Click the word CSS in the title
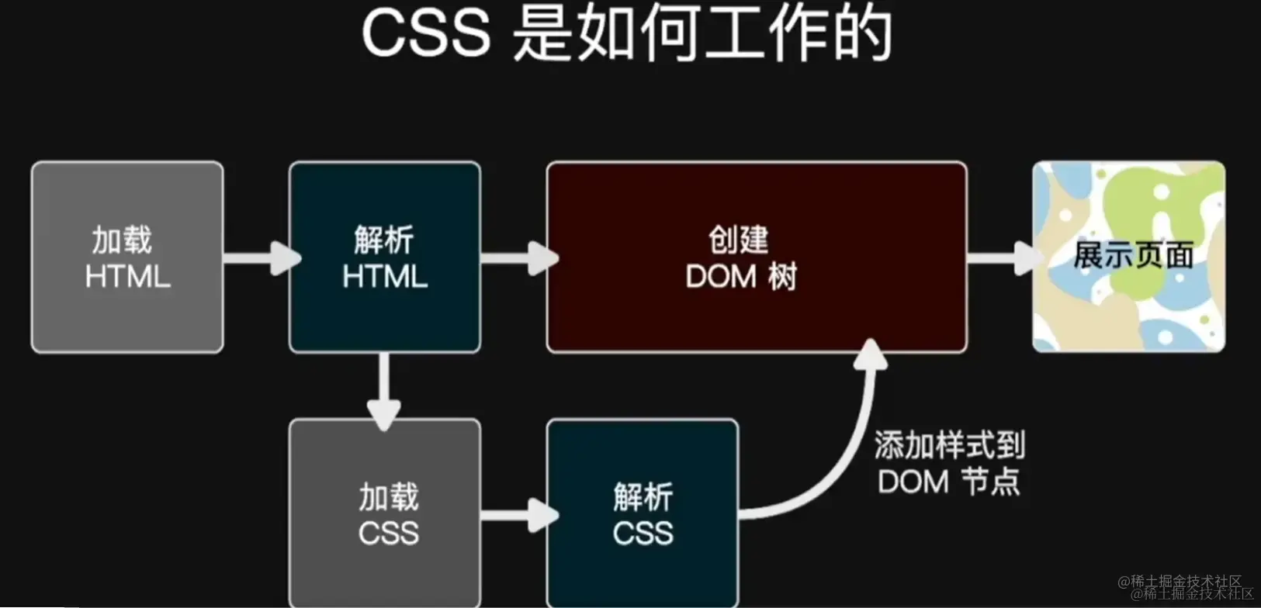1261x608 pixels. [x=425, y=35]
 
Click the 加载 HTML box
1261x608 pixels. [x=127, y=257]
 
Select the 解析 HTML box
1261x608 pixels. [x=385, y=257]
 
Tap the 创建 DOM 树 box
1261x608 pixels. [x=757, y=257]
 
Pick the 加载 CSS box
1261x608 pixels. [x=385, y=513]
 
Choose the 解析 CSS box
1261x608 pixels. [x=643, y=513]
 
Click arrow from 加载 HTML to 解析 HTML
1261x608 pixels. [x=260, y=257]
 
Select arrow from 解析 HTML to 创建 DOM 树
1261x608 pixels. [x=518, y=257]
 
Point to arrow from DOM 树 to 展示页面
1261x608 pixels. [x=1003, y=257]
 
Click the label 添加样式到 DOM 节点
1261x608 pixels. [x=949, y=463]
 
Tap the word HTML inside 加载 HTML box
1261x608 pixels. [x=127, y=277]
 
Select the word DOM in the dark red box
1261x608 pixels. [x=721, y=277]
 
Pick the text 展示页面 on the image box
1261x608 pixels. [x=1133, y=255]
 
